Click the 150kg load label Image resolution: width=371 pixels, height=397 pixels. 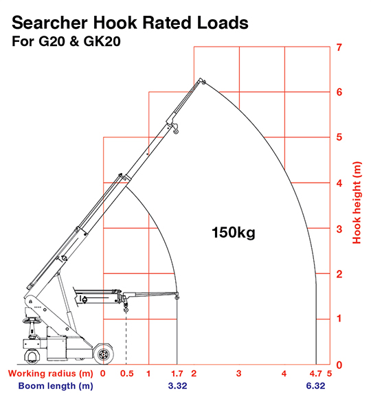point(233,232)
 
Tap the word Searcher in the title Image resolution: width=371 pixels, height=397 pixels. point(49,23)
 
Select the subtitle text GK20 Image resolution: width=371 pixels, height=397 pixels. point(102,41)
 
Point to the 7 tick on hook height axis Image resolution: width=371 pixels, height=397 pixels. point(339,47)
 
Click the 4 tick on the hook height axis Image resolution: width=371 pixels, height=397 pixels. point(339,183)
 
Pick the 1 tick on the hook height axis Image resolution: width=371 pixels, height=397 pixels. point(339,319)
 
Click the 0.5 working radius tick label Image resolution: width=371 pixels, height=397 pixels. point(127,374)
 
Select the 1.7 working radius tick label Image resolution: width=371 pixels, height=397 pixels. point(177,374)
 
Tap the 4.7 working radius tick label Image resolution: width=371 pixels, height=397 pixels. point(315,374)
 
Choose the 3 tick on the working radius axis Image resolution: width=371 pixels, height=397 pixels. point(239,374)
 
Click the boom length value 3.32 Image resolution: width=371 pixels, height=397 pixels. point(177,386)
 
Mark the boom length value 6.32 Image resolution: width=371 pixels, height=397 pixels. point(315,386)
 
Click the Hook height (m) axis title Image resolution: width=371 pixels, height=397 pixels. point(357,203)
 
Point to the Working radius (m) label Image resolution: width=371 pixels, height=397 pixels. point(51,374)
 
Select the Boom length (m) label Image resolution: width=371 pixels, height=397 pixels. point(56,386)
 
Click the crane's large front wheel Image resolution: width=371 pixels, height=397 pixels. point(103,354)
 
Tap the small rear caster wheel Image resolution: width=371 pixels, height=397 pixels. point(32,356)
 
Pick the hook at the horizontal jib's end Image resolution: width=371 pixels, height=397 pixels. point(177,296)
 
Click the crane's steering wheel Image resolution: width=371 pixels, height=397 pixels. point(32,321)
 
